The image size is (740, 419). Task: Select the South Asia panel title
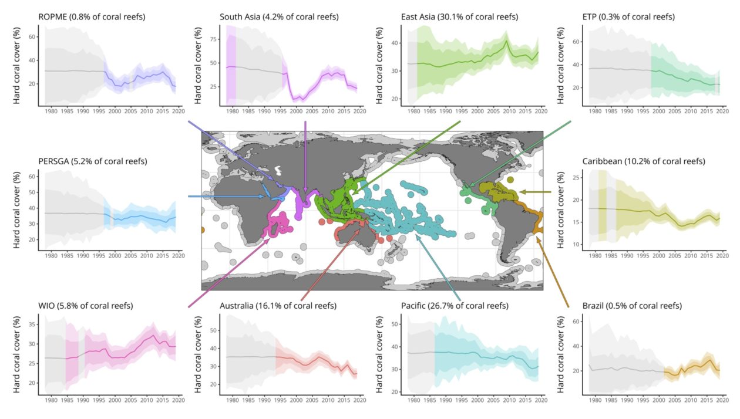279,17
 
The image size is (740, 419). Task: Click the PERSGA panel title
92,161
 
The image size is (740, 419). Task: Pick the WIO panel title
85,306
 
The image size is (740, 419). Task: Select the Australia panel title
278,306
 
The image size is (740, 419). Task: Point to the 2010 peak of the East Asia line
506,40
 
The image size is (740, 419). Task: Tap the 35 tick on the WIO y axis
33,324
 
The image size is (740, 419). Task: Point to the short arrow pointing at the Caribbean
534,192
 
